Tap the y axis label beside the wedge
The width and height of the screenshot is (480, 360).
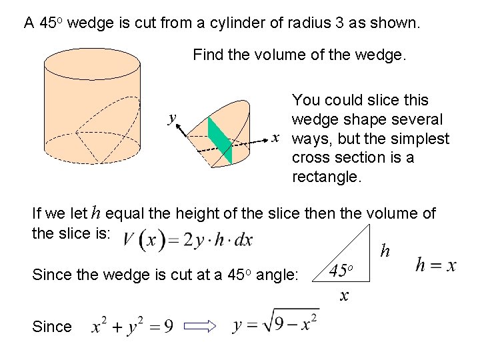[172, 117]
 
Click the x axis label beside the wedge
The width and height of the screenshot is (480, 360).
[275, 137]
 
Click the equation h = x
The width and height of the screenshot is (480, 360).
[435, 265]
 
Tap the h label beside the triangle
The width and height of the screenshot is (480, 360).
[384, 251]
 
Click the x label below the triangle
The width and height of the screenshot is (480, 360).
[344, 295]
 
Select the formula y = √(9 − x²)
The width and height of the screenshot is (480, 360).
[275, 325]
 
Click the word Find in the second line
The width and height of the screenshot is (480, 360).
[208, 55]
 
